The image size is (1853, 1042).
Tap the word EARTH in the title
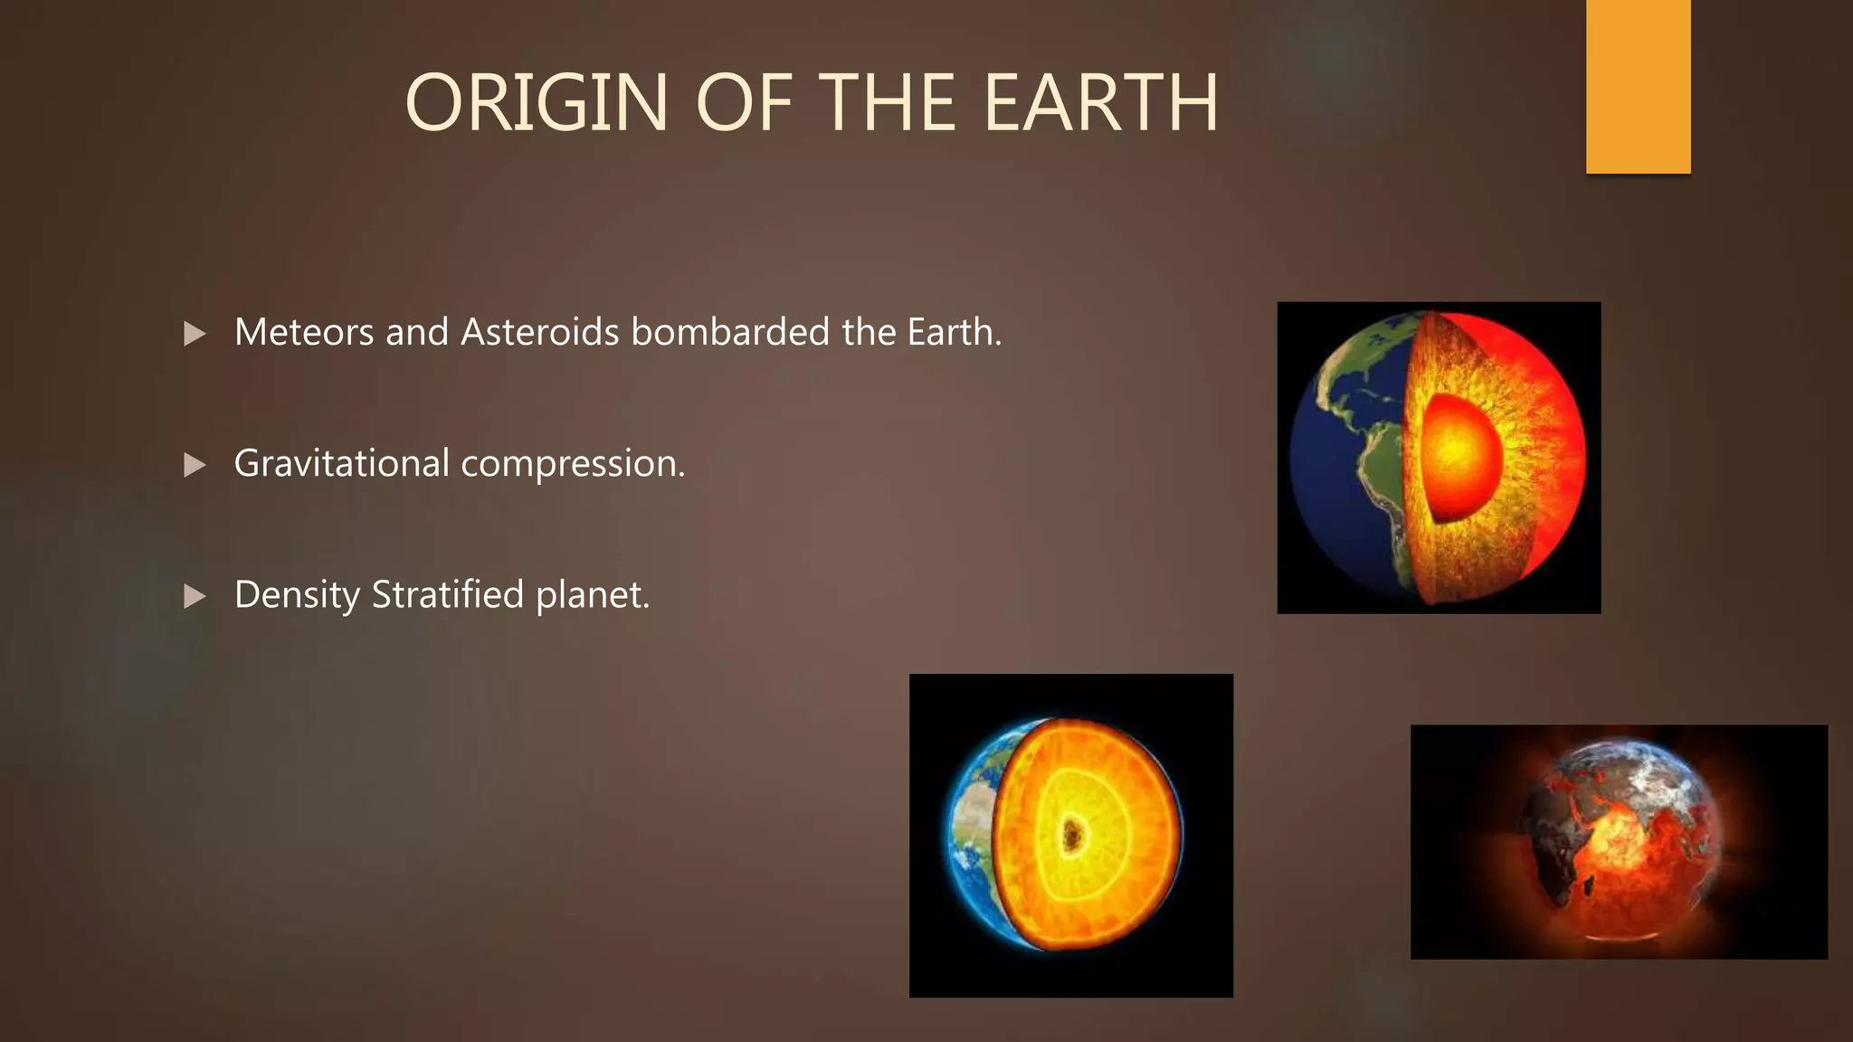pyautogui.click(x=1100, y=103)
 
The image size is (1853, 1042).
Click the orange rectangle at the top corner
pyautogui.click(x=1638, y=86)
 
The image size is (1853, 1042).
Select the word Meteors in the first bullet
pyautogui.click(x=304, y=333)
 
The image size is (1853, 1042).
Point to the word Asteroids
pyautogui.click(x=540, y=333)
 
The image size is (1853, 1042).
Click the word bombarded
pyautogui.click(x=730, y=333)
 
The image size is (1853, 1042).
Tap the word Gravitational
pyautogui.click(x=341, y=464)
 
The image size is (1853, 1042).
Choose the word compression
pyautogui.click(x=573, y=464)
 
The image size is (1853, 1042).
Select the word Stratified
pyautogui.click(x=448, y=595)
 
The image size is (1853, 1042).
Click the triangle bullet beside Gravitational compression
pyautogui.click(x=195, y=465)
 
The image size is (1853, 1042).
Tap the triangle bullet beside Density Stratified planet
pyautogui.click(x=195, y=596)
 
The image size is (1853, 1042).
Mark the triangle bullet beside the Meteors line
pyautogui.click(x=195, y=334)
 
